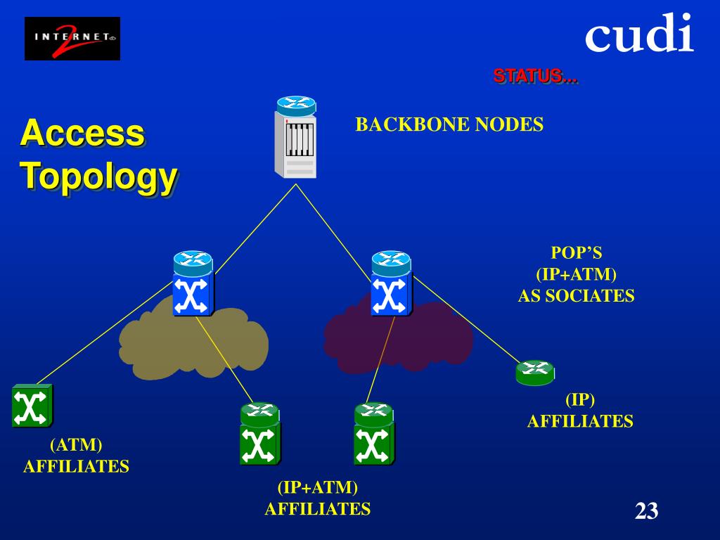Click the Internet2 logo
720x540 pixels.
click(x=72, y=39)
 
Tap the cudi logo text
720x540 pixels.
click(x=638, y=32)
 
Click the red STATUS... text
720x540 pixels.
click(x=535, y=76)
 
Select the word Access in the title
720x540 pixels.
click(x=83, y=133)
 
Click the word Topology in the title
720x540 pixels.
click(x=98, y=177)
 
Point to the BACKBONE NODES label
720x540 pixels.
click(x=449, y=124)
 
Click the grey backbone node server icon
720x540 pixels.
click(x=296, y=137)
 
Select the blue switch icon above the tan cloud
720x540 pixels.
click(x=193, y=283)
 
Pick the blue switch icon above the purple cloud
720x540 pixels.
click(x=391, y=283)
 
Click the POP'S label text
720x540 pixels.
click(x=577, y=253)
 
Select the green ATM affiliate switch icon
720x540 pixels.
click(x=32, y=406)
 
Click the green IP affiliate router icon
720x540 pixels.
click(x=535, y=373)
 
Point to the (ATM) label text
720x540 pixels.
click(x=76, y=445)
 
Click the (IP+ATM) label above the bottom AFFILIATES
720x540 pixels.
click(x=318, y=487)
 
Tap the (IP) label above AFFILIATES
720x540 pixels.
click(x=580, y=399)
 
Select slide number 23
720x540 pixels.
click(x=647, y=510)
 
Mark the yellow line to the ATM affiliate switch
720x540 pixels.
click(x=105, y=333)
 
